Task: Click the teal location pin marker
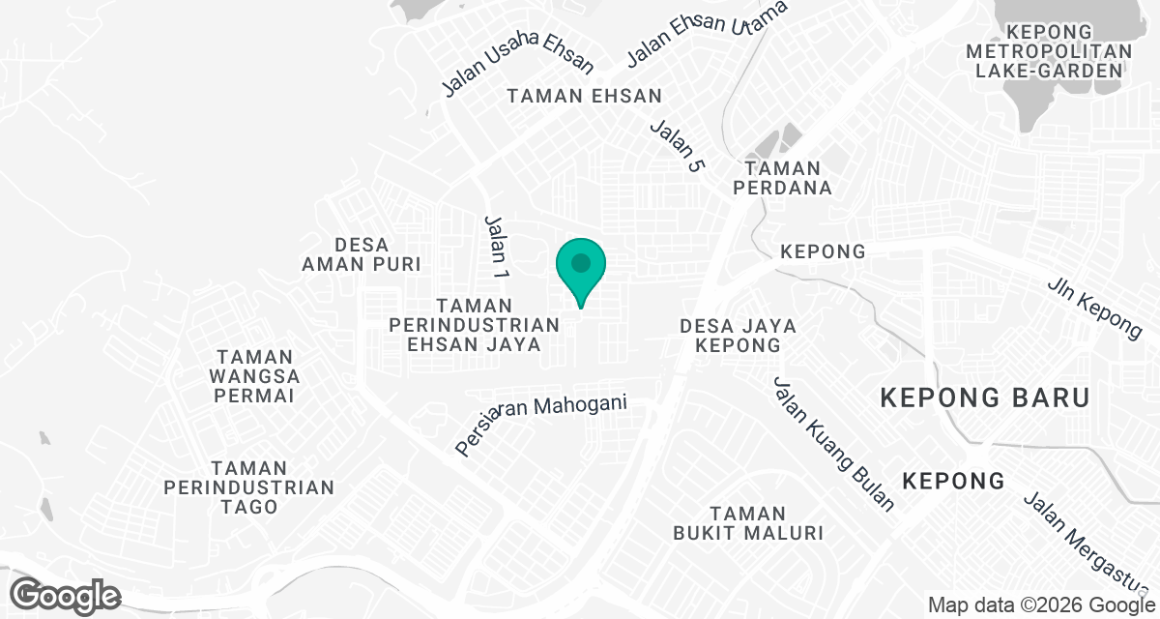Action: [580, 266]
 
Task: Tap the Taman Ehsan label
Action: [585, 96]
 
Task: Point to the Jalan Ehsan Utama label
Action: [707, 34]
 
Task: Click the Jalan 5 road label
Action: [677, 145]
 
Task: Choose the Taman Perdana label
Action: [783, 178]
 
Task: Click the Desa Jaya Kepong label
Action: [738, 335]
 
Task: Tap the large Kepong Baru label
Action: [985, 398]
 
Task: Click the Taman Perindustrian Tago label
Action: [249, 487]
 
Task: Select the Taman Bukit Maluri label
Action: [748, 522]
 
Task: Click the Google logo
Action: [66, 594]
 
